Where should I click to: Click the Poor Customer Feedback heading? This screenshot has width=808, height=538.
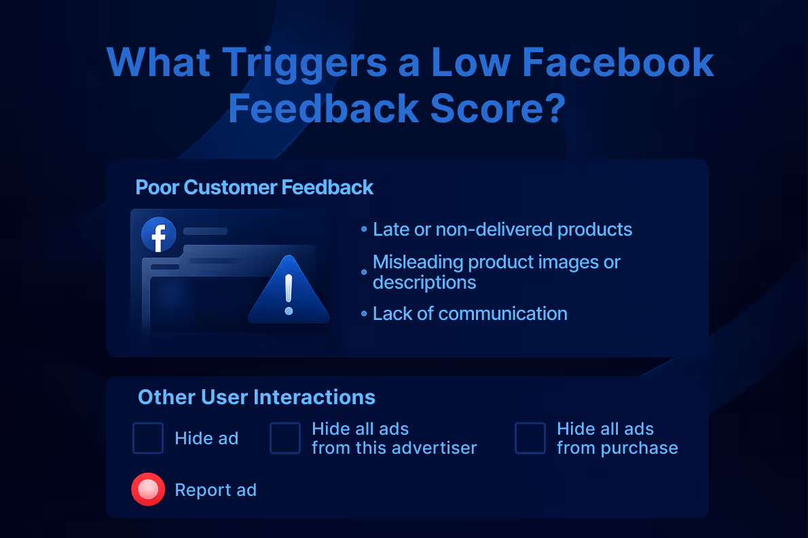click(255, 187)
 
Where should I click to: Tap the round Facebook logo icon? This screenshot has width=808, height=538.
click(158, 236)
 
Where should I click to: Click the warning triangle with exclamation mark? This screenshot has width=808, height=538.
click(289, 291)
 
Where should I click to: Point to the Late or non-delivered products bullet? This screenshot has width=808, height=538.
click(502, 230)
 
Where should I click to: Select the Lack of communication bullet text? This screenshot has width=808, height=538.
click(470, 314)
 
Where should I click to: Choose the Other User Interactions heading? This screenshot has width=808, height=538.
click(257, 397)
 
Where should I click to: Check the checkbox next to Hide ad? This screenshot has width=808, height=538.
click(148, 438)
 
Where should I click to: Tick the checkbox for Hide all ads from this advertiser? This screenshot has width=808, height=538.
click(285, 438)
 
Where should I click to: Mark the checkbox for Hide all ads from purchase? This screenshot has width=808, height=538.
click(530, 438)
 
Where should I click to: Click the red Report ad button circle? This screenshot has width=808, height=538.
click(148, 489)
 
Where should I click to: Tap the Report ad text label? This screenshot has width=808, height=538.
click(216, 490)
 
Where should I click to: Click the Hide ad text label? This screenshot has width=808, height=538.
click(206, 439)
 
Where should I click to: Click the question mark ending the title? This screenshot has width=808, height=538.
click(549, 109)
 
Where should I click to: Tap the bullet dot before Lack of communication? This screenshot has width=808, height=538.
click(364, 315)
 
